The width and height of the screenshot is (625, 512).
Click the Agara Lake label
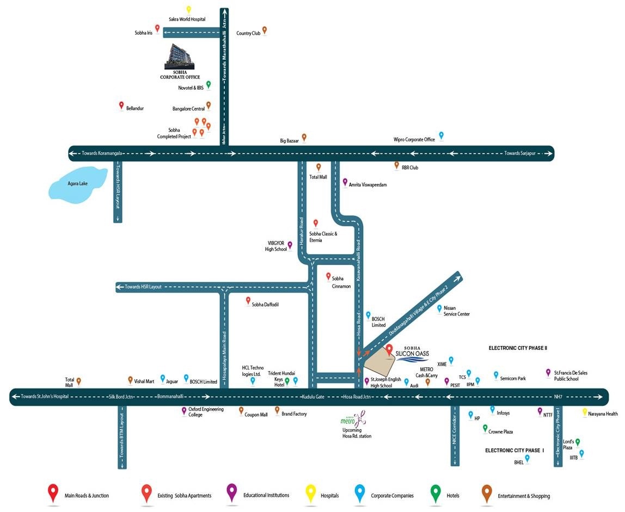point(78,184)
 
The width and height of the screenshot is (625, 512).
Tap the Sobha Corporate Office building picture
point(179,56)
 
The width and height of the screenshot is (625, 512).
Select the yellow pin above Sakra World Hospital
point(189,10)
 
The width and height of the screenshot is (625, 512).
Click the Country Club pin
point(264,30)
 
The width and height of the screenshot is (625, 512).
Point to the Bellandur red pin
point(121,106)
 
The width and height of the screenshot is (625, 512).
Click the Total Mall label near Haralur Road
point(318,177)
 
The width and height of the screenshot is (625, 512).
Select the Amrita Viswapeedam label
point(368,185)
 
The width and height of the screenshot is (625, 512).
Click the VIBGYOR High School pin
point(290,245)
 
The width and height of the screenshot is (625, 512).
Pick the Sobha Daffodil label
point(265,305)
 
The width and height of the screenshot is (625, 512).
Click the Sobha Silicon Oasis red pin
point(389,350)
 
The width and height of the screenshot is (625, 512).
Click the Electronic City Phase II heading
point(518,348)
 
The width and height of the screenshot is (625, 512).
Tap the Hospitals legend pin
point(310,494)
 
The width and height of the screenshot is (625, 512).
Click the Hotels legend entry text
point(453,496)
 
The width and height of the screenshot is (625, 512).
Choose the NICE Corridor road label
point(455,431)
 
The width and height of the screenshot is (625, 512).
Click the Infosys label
point(503,413)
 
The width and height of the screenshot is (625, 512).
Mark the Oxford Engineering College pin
point(184,410)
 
